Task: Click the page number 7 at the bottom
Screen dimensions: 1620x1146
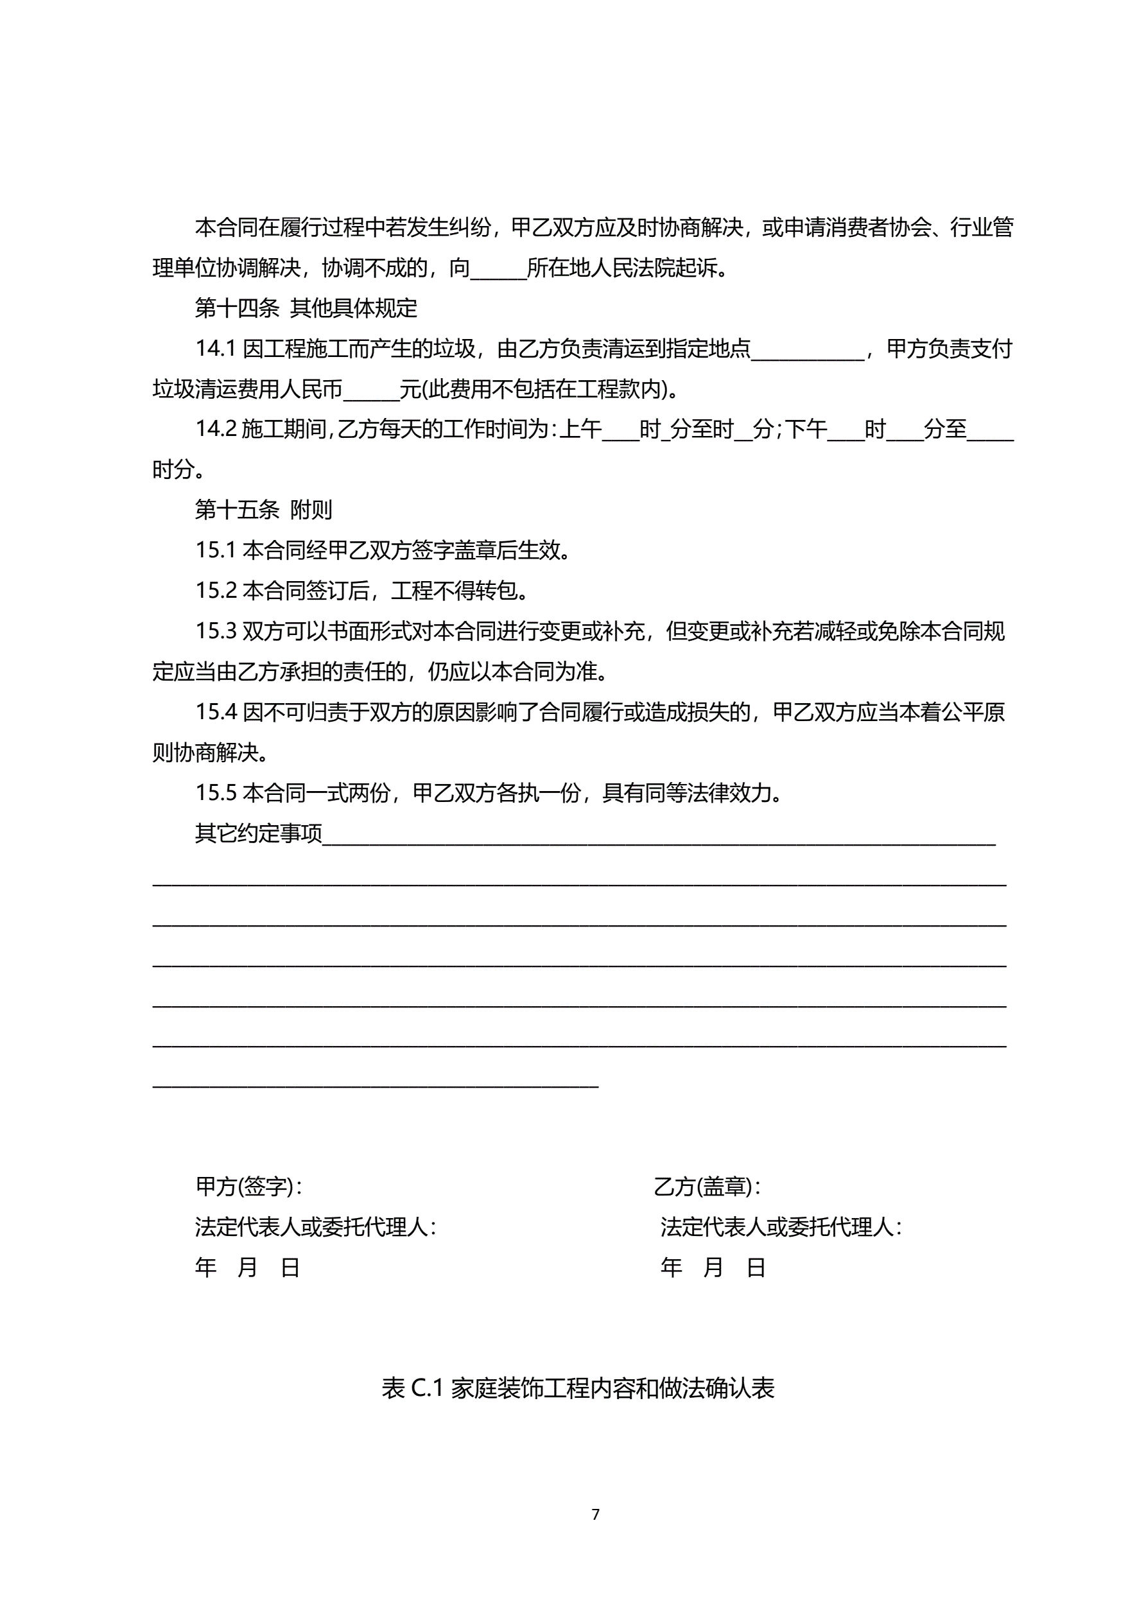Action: pos(596,1514)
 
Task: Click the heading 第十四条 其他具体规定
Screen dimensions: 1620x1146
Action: pos(306,308)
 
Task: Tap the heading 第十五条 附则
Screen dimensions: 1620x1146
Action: pos(263,509)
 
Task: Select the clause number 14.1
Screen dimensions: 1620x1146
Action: pos(215,349)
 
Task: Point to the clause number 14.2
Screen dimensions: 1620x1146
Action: pos(215,429)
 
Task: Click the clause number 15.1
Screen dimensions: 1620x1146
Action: pos(215,550)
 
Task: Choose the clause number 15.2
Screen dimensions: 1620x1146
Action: pos(215,591)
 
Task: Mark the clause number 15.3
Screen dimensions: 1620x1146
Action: pos(215,631)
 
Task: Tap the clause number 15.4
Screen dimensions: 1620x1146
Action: pos(215,712)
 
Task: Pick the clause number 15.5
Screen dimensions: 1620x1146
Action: pos(215,793)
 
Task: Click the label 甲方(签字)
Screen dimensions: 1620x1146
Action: pos(248,1187)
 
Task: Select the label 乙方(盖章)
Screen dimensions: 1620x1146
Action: pos(706,1187)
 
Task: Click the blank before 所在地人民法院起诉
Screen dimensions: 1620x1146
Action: pos(498,270)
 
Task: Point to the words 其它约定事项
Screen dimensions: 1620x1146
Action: pos(258,834)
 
